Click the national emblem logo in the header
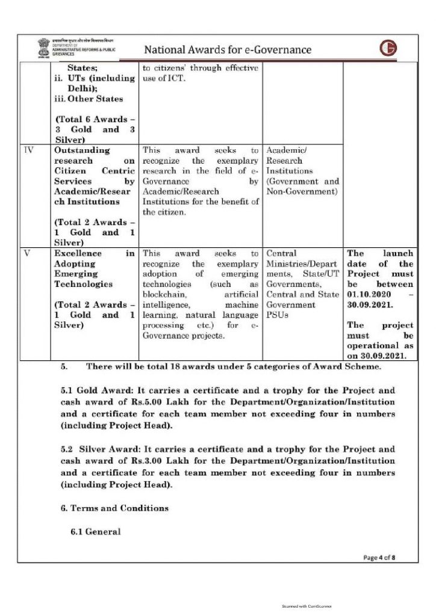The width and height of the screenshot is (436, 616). [x=43, y=48]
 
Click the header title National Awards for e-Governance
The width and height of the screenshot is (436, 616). [x=228, y=49]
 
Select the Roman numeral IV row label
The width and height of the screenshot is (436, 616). [x=28, y=149]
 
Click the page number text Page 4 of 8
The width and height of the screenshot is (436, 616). [x=379, y=558]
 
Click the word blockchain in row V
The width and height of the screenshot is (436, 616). [x=167, y=294]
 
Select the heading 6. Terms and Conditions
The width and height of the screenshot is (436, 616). [x=114, y=508]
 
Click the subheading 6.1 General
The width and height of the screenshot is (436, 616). [x=95, y=532]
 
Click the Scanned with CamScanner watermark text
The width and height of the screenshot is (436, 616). [x=307, y=606]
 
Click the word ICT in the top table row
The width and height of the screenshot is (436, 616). [x=181, y=79]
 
